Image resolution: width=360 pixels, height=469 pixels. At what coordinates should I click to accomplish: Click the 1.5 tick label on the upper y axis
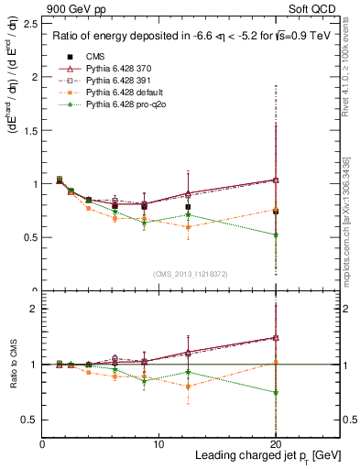click(x=29, y=130)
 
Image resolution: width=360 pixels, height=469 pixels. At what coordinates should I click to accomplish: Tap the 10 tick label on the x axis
click(x=158, y=444)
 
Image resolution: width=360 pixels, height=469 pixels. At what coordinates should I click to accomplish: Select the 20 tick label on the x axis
click(x=275, y=444)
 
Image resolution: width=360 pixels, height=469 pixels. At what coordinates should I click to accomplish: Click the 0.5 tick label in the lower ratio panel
click(x=29, y=420)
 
